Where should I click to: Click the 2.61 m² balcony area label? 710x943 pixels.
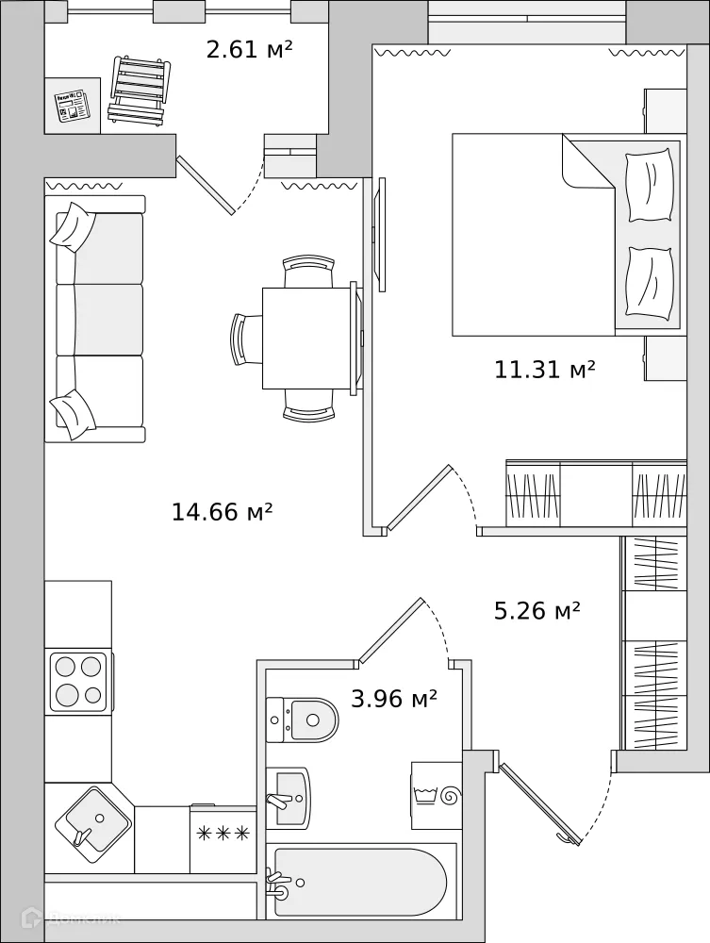249,49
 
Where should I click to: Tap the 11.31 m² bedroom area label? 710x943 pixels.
544,370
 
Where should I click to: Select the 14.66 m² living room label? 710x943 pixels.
222,512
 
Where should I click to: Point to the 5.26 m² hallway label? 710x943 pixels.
537,611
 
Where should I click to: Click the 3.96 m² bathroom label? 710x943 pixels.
393,699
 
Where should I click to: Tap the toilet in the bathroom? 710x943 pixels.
304,720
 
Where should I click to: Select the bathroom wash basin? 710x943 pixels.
288,797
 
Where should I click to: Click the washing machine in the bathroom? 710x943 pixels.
437,795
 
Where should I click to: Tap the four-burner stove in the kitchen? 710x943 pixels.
78,682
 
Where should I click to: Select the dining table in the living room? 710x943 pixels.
308,338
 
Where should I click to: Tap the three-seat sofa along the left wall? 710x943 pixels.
99,319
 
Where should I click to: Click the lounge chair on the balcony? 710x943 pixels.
139,91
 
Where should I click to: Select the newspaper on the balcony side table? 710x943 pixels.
72,106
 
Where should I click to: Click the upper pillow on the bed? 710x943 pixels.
649,186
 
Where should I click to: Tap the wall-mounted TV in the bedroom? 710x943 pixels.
381,234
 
